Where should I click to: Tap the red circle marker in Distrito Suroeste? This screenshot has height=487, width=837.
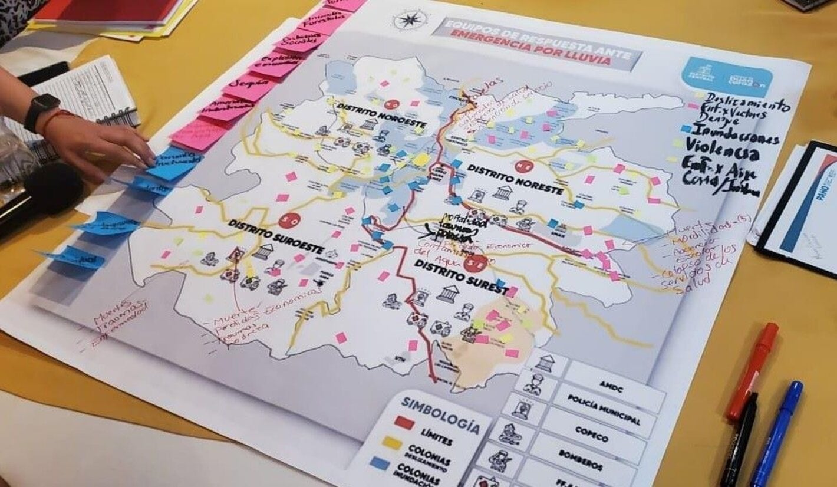pyautogui.click(x=289, y=221)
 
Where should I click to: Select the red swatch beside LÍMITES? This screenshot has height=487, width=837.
pyautogui.click(x=406, y=422)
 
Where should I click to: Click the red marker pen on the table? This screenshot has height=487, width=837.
pyautogui.click(x=752, y=371)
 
